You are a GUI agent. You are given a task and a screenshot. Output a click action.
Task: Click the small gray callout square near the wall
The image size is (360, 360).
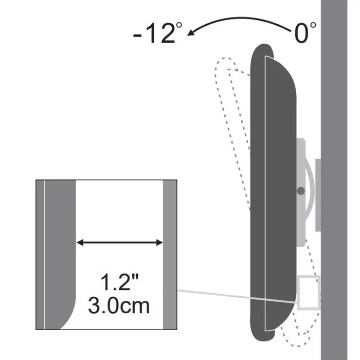(309, 293)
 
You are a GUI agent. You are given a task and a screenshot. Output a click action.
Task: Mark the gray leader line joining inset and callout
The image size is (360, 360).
(237, 296)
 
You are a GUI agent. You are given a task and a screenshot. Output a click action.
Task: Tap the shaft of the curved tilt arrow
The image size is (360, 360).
(242, 19)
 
